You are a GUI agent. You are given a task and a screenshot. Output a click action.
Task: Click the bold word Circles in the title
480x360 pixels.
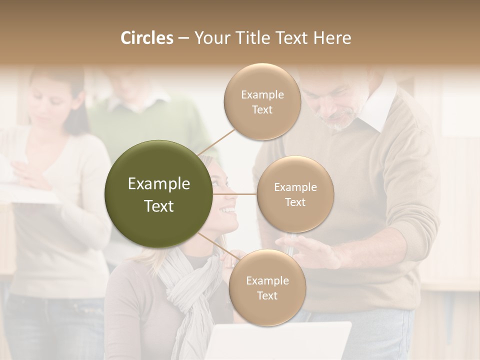pyautogui.click(x=146, y=38)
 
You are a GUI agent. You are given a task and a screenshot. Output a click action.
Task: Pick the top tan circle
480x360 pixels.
pyautogui.click(x=262, y=102)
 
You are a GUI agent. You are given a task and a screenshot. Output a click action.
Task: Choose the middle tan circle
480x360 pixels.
pyautogui.click(x=295, y=194)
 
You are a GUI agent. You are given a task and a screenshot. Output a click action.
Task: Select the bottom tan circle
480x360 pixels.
pyautogui.click(x=267, y=288)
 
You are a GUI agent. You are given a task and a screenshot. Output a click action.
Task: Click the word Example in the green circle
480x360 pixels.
pyautogui.click(x=159, y=184)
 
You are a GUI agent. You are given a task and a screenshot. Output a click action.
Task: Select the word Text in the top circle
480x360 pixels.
pyautogui.click(x=262, y=110)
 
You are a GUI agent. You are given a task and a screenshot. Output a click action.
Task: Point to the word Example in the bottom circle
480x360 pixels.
pyautogui.click(x=267, y=281)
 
